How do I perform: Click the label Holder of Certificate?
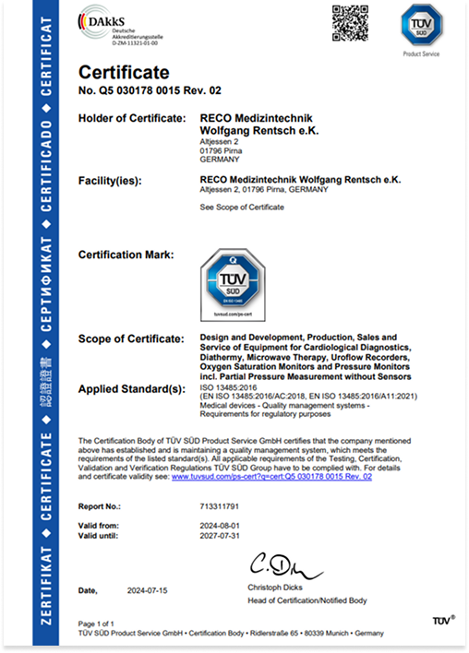click(x=135, y=118)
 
